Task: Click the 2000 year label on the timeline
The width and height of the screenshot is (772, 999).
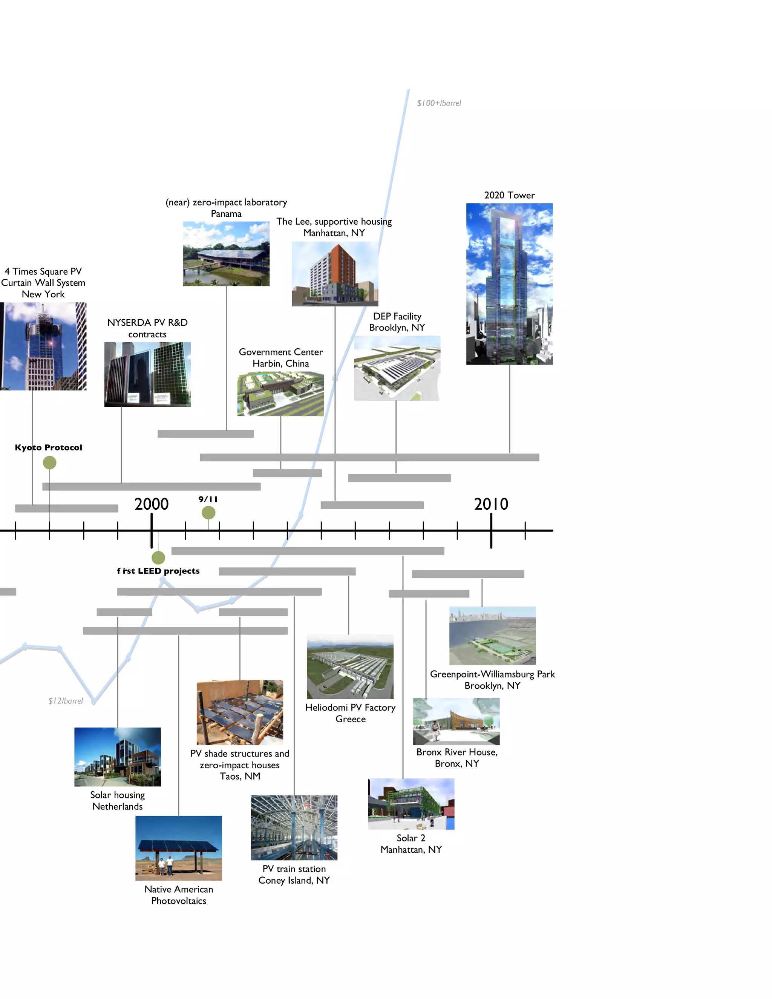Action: [152, 504]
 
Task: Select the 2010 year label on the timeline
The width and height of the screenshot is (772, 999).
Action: [491, 504]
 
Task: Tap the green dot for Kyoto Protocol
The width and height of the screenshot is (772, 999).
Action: [49, 463]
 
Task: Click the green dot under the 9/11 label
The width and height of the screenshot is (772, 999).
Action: [208, 513]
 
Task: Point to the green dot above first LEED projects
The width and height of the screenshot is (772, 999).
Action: [158, 558]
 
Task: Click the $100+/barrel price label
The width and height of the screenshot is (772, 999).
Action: [439, 103]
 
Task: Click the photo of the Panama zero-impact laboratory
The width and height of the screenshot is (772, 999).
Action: [226, 254]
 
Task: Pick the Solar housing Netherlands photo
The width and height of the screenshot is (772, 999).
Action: [118, 757]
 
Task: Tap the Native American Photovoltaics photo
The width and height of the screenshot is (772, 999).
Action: [178, 848]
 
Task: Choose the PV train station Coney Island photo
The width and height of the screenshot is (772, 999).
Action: [294, 827]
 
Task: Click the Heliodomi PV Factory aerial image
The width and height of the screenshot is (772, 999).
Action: [350, 667]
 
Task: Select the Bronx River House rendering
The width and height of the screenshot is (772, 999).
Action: [456, 721]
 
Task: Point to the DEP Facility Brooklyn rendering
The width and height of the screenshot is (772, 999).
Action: [397, 368]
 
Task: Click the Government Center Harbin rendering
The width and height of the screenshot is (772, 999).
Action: [280, 394]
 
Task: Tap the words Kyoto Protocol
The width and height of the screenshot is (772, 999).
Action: [49, 447]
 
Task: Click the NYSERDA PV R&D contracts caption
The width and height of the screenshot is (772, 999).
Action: [147, 328]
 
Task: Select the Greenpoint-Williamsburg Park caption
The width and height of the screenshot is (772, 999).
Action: [492, 680]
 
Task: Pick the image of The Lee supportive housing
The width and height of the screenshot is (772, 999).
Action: [335, 274]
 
